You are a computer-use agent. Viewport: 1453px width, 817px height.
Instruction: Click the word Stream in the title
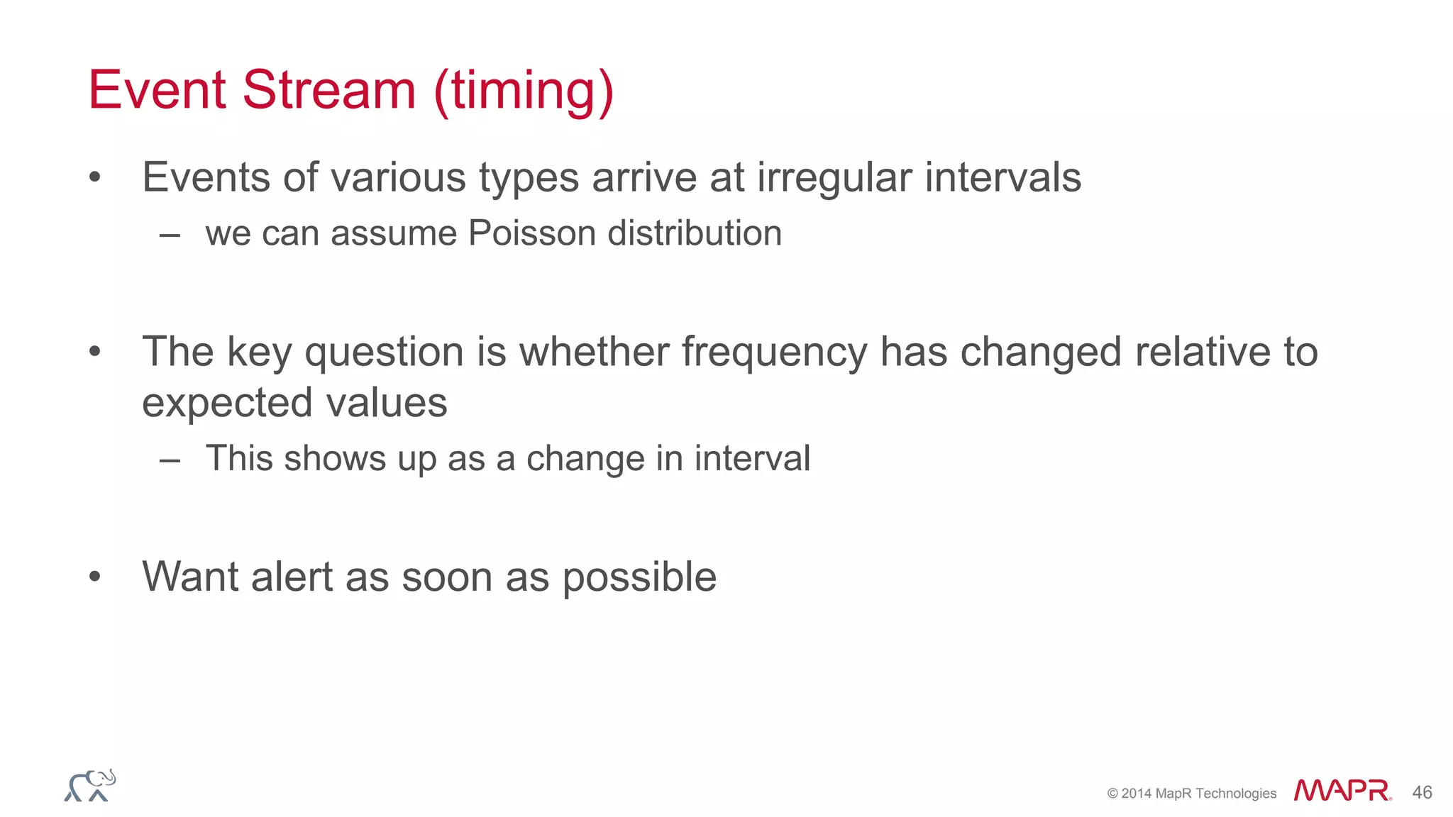[328, 90]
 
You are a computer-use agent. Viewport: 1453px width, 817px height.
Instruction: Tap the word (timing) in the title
[524, 91]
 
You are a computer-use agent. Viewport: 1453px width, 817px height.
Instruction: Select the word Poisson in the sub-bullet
[532, 233]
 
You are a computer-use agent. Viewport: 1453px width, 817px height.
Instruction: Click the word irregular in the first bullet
[834, 177]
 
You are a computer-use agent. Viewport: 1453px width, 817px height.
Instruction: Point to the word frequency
[775, 352]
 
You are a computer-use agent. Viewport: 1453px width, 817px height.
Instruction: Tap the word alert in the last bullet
[292, 577]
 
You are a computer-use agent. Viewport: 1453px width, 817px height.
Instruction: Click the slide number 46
[1422, 792]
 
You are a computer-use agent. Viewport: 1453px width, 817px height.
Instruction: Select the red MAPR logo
[1342, 791]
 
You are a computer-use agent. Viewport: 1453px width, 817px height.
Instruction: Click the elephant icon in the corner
[90, 786]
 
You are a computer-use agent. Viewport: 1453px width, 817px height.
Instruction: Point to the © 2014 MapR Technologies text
[1191, 794]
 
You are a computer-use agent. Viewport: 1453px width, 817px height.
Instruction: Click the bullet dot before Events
[95, 178]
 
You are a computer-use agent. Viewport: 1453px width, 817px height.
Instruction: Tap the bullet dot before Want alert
[95, 577]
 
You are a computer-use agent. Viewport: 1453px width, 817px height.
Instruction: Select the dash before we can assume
[170, 235]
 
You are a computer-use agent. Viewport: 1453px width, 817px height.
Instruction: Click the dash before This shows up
[170, 460]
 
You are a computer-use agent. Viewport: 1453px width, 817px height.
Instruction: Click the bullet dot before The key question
[95, 352]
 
